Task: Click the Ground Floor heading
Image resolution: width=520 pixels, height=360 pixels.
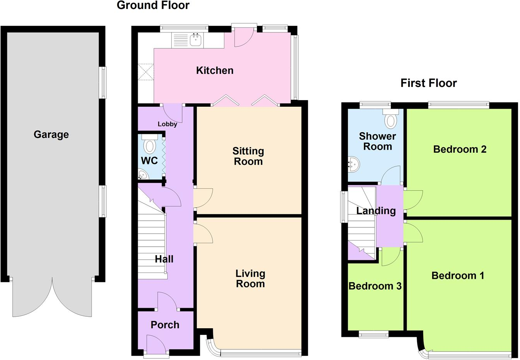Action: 153,5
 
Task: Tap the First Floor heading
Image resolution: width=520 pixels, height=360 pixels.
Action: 429,83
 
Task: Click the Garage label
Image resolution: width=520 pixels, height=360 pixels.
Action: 51,135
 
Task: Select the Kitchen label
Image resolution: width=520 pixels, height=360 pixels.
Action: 215,70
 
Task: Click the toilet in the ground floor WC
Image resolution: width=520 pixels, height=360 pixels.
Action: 150,145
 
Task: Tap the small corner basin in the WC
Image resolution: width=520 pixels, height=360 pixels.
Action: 143,175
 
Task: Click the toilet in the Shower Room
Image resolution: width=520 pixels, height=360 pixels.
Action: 391,119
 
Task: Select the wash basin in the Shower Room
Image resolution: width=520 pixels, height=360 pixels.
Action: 353,164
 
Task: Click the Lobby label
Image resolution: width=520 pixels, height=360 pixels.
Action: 168,124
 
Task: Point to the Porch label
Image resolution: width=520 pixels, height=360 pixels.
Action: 165,325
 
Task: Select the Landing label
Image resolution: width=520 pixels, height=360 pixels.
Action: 376,211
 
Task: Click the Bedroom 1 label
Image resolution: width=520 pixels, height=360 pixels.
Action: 458,276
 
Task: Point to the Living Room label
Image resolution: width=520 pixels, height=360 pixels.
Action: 250,278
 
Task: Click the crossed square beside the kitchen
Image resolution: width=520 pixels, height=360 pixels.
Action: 146,72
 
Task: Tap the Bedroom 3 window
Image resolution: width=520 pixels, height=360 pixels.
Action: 373,334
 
